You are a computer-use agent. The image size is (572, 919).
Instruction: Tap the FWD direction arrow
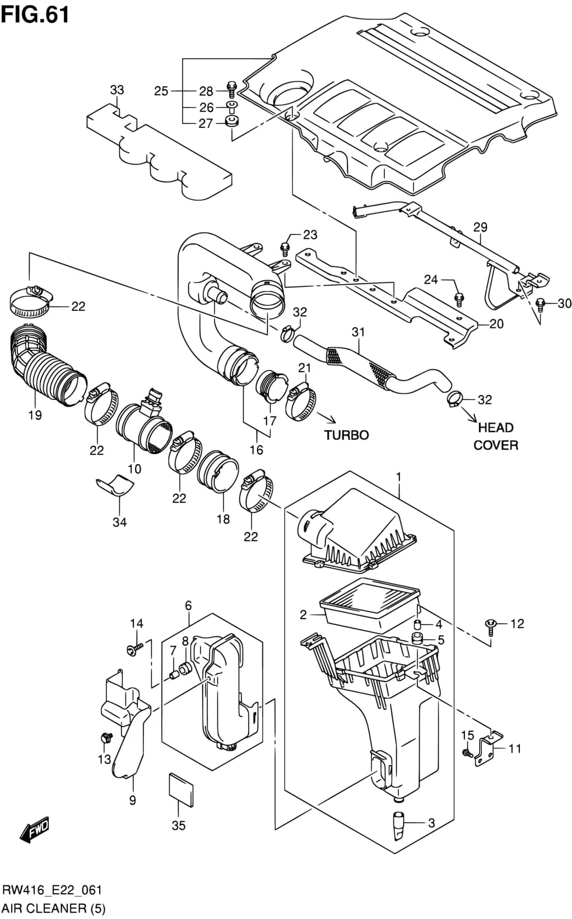pyautogui.click(x=34, y=829)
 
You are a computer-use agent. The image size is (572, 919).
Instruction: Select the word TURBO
pyautogui.click(x=347, y=435)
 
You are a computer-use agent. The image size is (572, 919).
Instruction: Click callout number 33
pyautogui.click(x=117, y=90)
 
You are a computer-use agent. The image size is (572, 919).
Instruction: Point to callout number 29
pyautogui.click(x=480, y=227)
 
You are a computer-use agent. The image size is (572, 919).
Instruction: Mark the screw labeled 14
pyautogui.click(x=135, y=649)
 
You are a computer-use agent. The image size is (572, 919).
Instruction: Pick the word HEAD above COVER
pyautogui.click(x=496, y=428)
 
